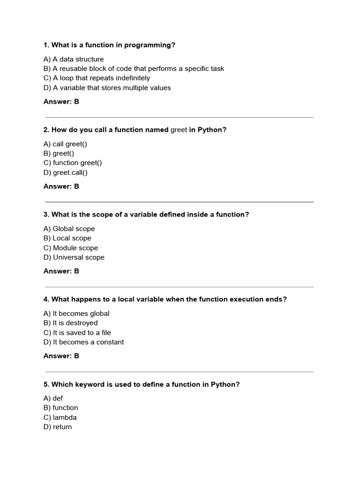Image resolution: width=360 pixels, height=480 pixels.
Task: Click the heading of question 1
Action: pos(109,45)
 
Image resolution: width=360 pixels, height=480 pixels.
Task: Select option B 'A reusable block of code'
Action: pos(134,68)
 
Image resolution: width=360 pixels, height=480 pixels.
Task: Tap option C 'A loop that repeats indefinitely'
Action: pos(97,78)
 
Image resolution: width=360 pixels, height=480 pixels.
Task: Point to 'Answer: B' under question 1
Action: pos(61,101)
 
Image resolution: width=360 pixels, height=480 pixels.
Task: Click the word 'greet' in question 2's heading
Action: pos(179,130)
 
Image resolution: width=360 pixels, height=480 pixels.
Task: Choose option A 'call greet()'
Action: pos(65,144)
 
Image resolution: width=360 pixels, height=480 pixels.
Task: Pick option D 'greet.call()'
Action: pos(66,172)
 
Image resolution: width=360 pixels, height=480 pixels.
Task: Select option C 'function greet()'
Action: pos(73,163)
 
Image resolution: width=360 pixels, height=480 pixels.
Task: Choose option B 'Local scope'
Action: pos(67,238)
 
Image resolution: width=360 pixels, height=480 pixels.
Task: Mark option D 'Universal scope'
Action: pos(74,257)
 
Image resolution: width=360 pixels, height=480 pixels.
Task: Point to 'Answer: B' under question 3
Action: pos(61,271)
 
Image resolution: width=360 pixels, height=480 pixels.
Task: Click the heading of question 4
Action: pos(165,300)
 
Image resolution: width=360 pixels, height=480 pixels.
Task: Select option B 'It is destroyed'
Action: pos(70,323)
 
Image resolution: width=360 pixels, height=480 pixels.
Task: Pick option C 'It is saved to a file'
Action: pos(77,332)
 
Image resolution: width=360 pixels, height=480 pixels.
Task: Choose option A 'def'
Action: pos(53,398)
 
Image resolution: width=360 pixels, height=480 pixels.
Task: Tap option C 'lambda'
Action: pos(60,417)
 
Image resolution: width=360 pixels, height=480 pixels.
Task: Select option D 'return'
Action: pos(58,427)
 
